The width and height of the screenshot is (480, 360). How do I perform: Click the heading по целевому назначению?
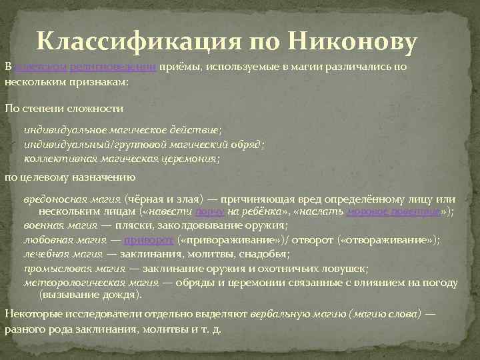pyautogui.click(x=70, y=178)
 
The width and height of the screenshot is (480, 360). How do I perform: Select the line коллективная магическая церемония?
pyautogui.click(x=121, y=159)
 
